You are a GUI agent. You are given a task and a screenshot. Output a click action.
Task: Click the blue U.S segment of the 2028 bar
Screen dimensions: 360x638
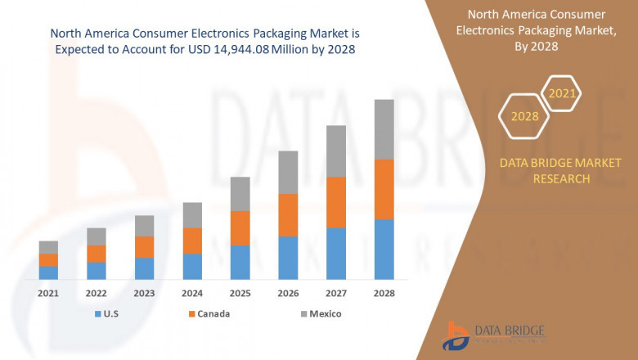pos(384,250)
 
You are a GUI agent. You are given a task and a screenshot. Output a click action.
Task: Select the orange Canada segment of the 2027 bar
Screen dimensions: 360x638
pos(335,202)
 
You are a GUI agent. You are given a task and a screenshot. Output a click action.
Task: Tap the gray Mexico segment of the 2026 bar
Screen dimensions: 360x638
pos(288,172)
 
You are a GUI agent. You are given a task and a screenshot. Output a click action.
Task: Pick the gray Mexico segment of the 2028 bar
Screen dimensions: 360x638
pos(384,129)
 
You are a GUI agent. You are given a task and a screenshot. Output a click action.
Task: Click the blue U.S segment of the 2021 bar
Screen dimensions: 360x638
pos(48,272)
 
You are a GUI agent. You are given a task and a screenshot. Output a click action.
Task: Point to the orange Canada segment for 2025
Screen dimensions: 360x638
pos(240,228)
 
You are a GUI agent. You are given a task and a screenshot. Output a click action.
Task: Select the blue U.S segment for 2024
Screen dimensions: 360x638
pos(192,267)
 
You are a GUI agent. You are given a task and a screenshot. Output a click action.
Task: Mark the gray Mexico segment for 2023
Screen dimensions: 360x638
pos(144,226)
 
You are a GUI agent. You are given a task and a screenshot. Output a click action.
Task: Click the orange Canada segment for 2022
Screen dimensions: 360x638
pos(97,254)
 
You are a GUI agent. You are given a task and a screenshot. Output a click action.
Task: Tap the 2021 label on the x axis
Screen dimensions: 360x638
pos(48,293)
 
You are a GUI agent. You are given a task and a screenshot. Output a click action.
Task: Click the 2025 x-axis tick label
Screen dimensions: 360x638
pos(240,293)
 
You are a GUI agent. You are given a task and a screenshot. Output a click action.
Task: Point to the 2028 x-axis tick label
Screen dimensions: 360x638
pos(384,293)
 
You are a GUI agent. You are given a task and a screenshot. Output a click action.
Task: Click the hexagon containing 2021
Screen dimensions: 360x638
pos(562,94)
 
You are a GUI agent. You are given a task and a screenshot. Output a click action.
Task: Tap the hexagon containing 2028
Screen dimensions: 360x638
pos(525,116)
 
